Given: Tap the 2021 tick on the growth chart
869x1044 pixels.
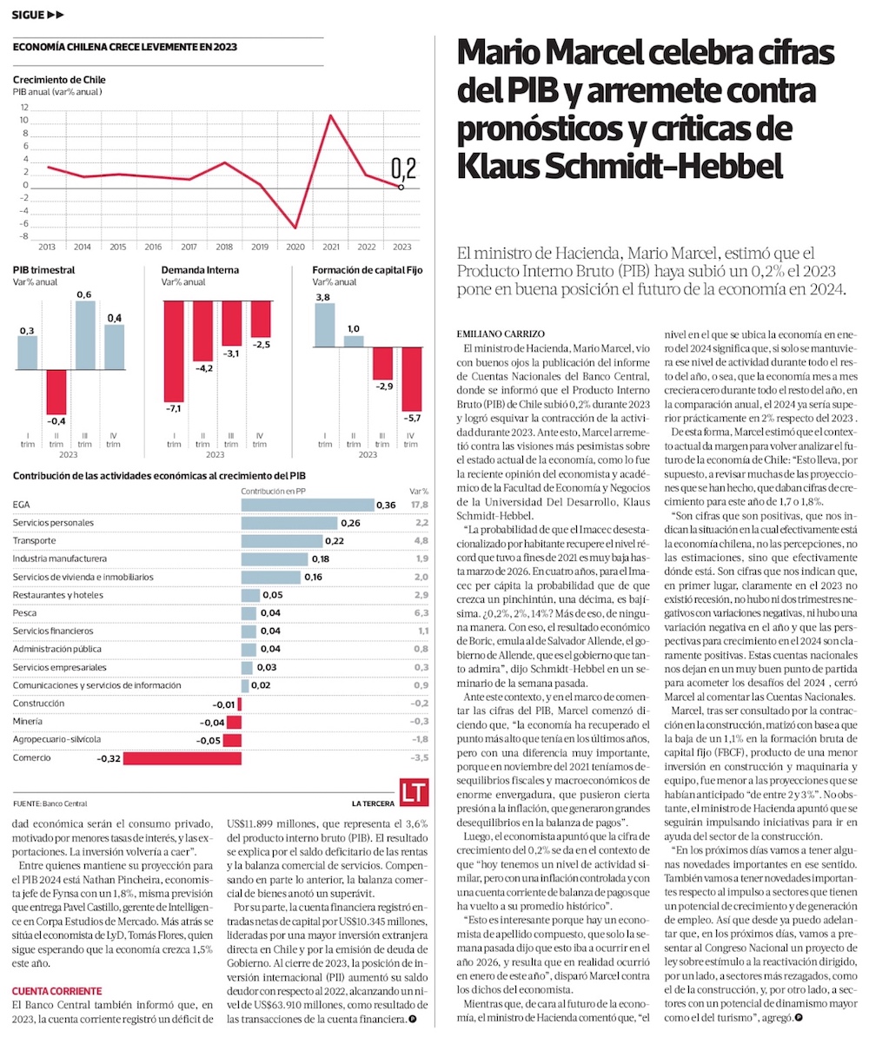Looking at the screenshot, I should (x=331, y=248).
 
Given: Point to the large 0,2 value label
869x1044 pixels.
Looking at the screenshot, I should (x=403, y=168).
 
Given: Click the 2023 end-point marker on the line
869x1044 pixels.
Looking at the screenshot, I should (x=401, y=187).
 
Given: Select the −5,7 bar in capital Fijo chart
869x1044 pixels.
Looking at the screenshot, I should (x=410, y=380).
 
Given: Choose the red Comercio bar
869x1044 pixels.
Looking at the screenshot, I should (x=169, y=758).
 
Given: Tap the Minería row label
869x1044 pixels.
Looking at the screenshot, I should (x=28, y=722).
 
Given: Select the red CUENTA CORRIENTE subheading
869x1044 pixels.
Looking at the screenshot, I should (x=56, y=991).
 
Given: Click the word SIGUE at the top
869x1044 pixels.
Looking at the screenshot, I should (x=28, y=15).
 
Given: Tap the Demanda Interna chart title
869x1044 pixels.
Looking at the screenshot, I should (x=200, y=270).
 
